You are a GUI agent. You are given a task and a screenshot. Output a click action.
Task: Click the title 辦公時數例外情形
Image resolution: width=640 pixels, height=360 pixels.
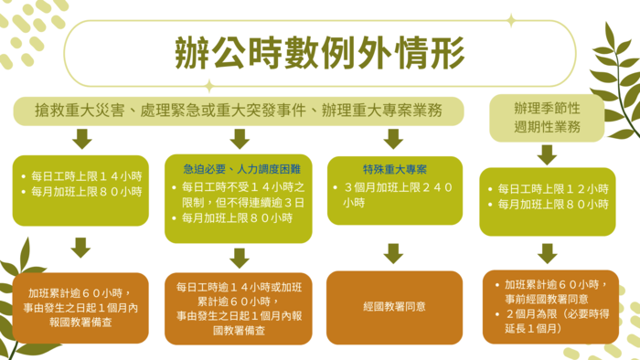[321, 54]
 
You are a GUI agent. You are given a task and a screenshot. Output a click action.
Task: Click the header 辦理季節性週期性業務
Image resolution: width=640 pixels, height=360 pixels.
[547, 118]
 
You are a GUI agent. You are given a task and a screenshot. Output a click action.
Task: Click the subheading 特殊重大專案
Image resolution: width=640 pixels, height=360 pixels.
[394, 169]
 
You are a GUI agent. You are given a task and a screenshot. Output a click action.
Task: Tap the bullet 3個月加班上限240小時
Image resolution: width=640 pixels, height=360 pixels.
[395, 196]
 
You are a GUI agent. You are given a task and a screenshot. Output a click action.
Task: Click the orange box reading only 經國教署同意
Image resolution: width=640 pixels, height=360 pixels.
[394, 307]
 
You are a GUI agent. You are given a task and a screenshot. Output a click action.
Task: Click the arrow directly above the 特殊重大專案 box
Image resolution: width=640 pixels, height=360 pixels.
[394, 139]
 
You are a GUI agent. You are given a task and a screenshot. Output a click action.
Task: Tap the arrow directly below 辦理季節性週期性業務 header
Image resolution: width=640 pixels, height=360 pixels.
[547, 153]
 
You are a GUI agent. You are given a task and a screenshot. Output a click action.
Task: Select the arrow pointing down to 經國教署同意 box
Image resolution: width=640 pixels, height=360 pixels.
[394, 253]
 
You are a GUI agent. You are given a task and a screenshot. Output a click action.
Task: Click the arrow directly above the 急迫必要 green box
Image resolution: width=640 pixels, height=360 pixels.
[240, 139]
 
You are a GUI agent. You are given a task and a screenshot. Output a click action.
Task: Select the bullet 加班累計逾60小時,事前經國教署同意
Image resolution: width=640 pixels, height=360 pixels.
[551, 291]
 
